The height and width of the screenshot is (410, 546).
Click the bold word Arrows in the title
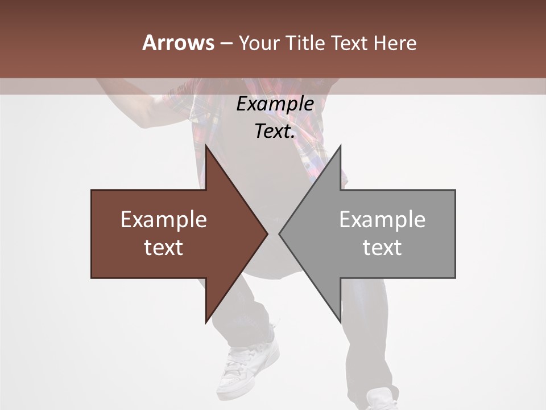click(x=178, y=43)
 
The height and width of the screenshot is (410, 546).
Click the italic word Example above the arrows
click(x=275, y=104)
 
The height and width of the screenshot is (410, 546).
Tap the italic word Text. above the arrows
click(x=275, y=132)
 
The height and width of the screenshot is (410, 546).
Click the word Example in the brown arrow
click(x=164, y=220)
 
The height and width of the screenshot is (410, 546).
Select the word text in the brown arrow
click(x=164, y=248)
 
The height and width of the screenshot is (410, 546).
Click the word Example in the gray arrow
click(x=382, y=220)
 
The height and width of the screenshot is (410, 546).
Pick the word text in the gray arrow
click(x=382, y=248)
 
